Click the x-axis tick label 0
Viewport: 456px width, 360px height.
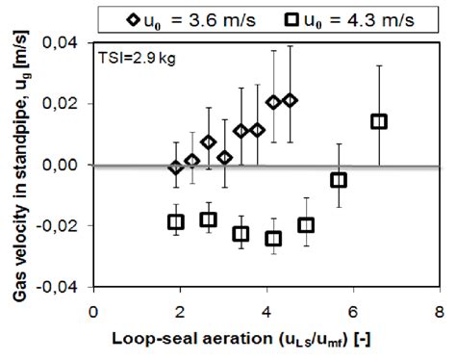coord(93,310)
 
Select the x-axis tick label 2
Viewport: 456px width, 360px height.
coord(180,310)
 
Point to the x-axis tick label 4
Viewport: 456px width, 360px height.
coord(266,310)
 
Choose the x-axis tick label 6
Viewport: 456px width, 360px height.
coord(353,310)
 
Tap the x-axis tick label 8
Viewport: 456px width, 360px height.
coord(440,310)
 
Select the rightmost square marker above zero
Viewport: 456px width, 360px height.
coord(379,121)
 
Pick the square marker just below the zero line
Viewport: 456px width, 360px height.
coord(339,180)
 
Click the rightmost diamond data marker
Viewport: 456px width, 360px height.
coord(290,100)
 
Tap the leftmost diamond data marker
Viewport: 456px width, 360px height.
coord(175,167)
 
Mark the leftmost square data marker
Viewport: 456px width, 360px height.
coord(175,221)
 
